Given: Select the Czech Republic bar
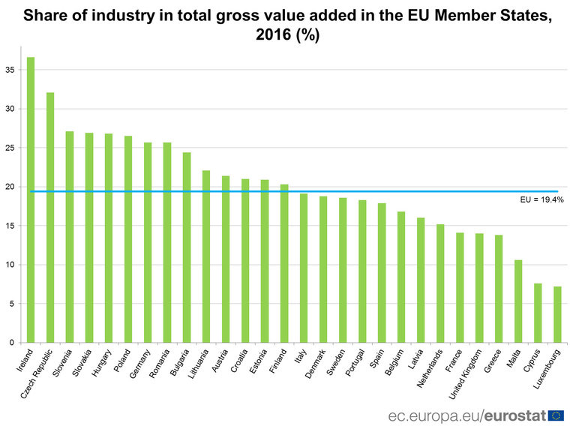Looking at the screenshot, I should (50, 217).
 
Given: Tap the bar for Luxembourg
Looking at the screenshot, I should (557, 314).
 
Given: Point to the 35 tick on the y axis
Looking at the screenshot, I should (10, 70).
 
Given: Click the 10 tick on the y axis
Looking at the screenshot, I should (10, 265).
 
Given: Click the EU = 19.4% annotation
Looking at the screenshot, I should (541, 200).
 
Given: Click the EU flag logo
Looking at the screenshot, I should (556, 415).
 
